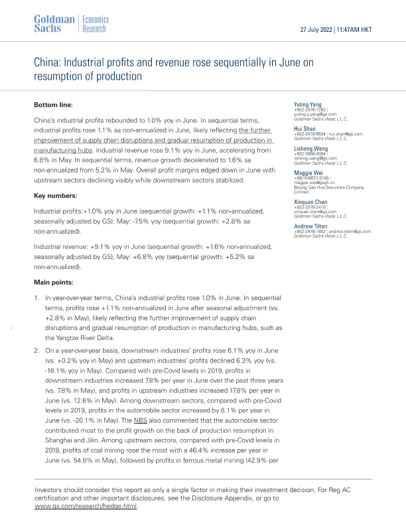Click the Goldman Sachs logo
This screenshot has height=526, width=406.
53,24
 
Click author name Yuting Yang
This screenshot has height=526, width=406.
308,105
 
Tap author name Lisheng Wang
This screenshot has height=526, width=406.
310,149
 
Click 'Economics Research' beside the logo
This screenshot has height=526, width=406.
94,24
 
